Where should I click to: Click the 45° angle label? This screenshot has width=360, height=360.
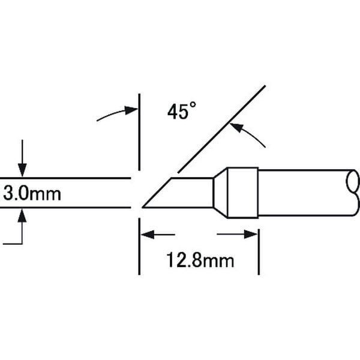click(182, 111)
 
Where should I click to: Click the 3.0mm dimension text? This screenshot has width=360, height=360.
click(32, 194)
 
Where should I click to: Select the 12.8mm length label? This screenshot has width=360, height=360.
click(200, 260)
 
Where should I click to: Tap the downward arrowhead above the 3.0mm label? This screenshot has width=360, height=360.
click(22, 170)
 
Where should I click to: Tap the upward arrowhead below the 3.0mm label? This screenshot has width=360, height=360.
click(22, 215)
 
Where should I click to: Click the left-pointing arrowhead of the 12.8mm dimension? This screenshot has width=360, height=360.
click(148, 235)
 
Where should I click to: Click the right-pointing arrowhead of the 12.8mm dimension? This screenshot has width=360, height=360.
click(251, 235)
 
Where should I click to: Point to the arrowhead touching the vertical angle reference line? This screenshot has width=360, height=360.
click(131, 110)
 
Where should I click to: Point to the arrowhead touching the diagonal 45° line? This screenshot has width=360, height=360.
click(236, 127)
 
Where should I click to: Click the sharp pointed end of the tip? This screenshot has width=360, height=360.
click(143, 207)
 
